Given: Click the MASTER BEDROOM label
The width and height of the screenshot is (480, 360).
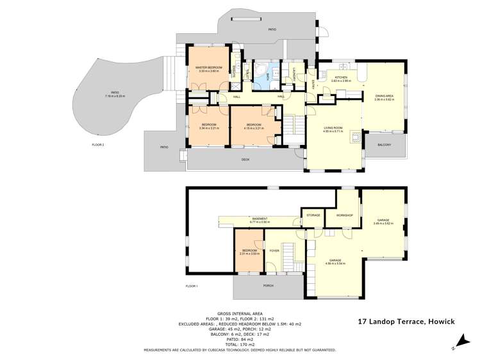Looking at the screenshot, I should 209,67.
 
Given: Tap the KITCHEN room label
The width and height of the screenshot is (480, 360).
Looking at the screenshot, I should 340,78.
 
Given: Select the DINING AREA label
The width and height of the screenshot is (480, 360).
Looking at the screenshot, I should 384,96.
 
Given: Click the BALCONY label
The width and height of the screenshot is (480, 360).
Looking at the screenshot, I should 384,145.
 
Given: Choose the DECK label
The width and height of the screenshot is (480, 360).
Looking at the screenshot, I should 245,159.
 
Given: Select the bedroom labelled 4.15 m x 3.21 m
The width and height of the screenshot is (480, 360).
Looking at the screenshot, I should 254,126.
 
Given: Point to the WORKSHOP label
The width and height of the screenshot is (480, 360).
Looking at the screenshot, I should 345,215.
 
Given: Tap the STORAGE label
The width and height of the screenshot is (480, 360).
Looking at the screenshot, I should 313,215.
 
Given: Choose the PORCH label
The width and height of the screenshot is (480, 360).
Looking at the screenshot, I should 269,286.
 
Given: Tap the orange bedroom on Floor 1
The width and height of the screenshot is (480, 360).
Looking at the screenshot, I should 249,252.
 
